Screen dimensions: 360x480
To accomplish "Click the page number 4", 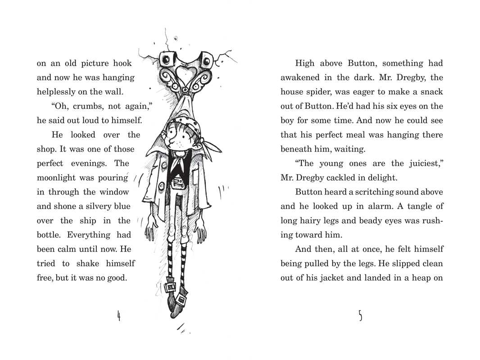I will pyautogui.click(x=119, y=316).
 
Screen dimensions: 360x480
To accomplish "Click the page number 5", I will pyautogui.click(x=360, y=316).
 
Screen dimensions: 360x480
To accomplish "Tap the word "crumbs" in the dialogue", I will pyautogui.click(x=74, y=106).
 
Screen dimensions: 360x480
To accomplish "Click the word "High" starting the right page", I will pyautogui.click(x=305, y=63).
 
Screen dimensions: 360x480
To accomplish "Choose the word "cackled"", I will pyautogui.click(x=353, y=178).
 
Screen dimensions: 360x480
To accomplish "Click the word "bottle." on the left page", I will pyautogui.click(x=51, y=235).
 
